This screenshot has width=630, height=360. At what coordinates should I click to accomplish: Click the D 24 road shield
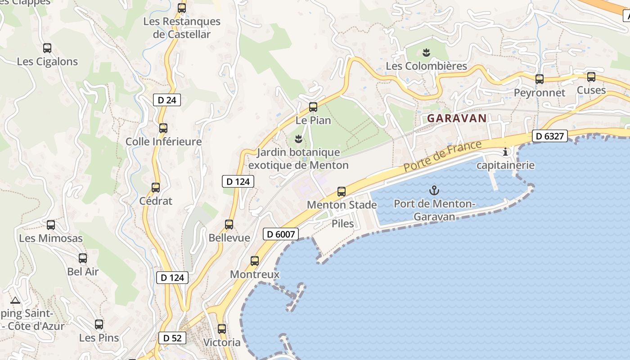point(167,100)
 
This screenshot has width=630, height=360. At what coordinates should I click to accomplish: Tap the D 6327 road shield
point(549,136)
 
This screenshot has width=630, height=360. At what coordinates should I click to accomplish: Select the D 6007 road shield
point(281,234)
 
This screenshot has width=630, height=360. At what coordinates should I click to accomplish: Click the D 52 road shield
point(172,338)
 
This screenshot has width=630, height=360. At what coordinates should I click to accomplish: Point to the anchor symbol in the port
point(434,190)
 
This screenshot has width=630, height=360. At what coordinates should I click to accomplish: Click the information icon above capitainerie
point(505,152)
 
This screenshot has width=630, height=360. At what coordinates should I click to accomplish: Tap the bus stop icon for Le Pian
point(313,107)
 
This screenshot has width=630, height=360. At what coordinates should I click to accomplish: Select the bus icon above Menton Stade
point(342,192)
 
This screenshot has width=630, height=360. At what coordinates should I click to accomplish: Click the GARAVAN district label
point(457,118)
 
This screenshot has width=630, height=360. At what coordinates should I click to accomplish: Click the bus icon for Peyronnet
point(539,79)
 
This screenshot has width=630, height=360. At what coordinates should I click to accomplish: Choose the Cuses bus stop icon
point(591,77)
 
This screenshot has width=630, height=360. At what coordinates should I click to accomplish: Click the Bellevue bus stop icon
point(229,225)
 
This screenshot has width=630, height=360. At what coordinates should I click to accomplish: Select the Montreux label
point(255,274)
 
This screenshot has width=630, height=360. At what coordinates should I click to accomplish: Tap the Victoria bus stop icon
point(222,329)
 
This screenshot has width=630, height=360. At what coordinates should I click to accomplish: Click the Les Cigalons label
point(47,62)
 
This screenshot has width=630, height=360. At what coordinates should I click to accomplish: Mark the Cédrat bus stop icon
point(156,188)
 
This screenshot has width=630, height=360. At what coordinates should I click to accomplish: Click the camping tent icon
point(15,300)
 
